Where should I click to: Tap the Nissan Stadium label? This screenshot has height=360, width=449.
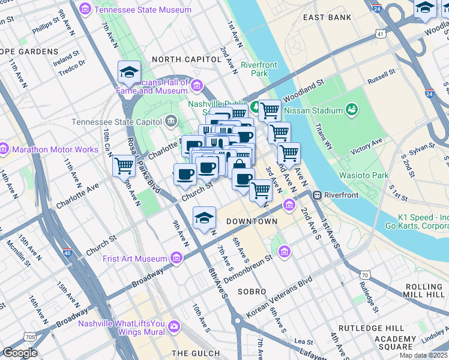tap(307, 110)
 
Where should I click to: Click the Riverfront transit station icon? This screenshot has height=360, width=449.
tap(316, 195)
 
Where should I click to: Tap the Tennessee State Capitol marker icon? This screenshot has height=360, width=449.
tap(171, 122)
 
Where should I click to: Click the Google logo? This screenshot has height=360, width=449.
tap(20, 352)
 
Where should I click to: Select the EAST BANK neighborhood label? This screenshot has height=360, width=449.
tap(327, 17)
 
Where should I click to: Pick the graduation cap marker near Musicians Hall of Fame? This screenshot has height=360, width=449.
tap(129, 72)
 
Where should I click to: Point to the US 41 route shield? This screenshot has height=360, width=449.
tap(381, 34)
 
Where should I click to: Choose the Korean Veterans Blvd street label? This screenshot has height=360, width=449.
tap(281, 297)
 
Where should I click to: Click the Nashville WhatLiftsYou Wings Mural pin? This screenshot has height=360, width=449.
tap(174, 326)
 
